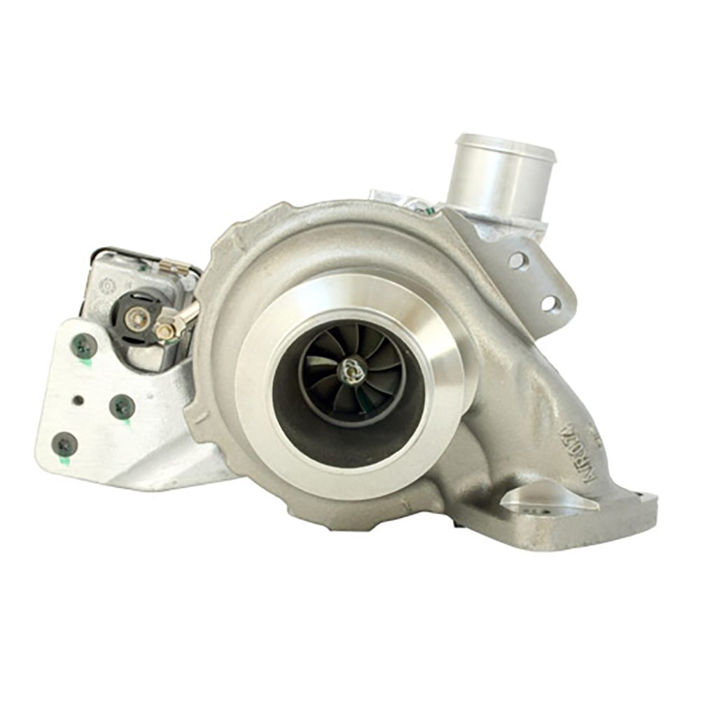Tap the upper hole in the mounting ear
coord(519,260)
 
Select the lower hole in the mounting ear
coord(550,303)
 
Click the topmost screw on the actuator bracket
coord(83,344)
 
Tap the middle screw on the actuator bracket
coord(122,405)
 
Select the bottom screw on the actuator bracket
coord(64,443)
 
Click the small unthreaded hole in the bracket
coord(78,400)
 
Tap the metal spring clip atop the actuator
coord(173,267)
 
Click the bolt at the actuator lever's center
coord(137,319)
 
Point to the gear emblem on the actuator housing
coord(107,286)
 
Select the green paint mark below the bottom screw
coord(65,461)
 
